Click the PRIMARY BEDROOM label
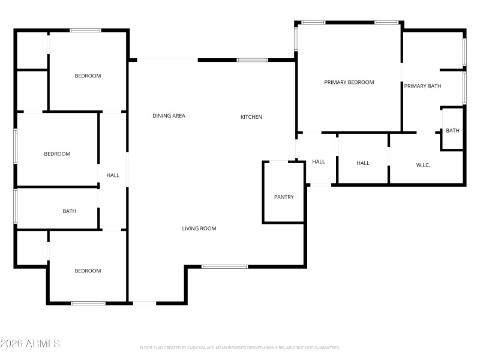pyautogui.click(x=349, y=82)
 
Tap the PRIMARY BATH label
pyautogui.click(x=422, y=86)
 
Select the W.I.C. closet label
pyautogui.click(x=423, y=165)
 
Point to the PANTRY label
pyautogui.click(x=284, y=197)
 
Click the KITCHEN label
pyautogui.click(x=251, y=117)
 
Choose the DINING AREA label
pyautogui.click(x=169, y=116)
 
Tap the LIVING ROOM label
pyautogui.click(x=199, y=229)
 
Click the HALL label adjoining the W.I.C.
pyautogui.click(x=363, y=163)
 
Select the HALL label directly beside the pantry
pyautogui.click(x=319, y=161)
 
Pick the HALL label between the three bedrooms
pyautogui.click(x=113, y=176)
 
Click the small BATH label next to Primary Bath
pyautogui.click(x=452, y=131)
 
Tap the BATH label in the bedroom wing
pyautogui.click(x=70, y=211)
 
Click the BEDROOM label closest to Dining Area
pyautogui.click(x=88, y=76)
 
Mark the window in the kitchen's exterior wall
pyautogui.click(x=252, y=60)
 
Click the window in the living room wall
pyautogui.click(x=224, y=266)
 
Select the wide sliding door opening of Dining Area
pyautogui.click(x=167, y=59)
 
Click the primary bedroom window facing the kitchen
pyautogui.click(x=296, y=38)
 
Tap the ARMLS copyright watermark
pyautogui.click(x=30, y=344)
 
